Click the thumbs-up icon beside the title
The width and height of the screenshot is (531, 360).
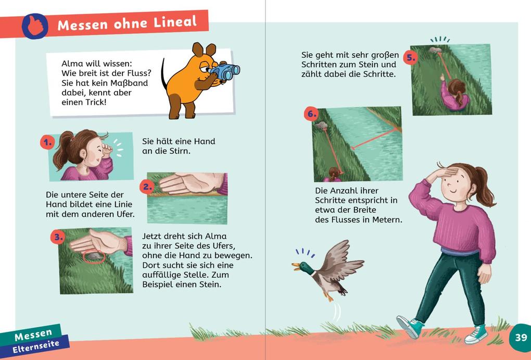coord(35,26)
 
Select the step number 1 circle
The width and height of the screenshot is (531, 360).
coord(47,142)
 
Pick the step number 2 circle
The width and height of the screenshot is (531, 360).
coord(147,187)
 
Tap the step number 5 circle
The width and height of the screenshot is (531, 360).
coord(411,57)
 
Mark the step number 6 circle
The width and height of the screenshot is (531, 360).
coord(311,114)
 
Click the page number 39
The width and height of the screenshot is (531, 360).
coord(521,337)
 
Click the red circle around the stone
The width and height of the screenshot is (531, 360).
coord(93,256)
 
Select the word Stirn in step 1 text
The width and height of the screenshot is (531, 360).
coord(179,151)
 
